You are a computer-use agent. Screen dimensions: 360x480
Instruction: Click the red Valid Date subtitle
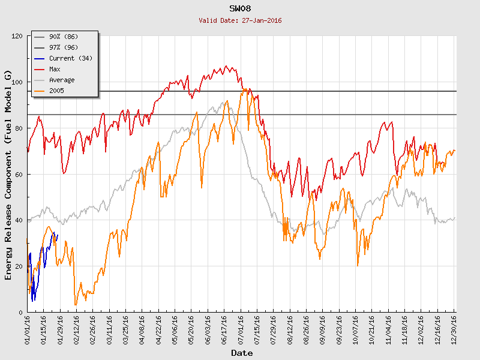(240, 20)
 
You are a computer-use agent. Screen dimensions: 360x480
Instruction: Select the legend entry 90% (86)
(63, 37)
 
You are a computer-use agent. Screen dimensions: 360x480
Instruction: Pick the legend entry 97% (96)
(63, 47)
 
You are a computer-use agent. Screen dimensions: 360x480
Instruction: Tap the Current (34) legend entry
(70, 58)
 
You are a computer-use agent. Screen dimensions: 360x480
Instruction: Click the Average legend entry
(62, 80)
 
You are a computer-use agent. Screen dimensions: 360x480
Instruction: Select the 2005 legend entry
(56, 91)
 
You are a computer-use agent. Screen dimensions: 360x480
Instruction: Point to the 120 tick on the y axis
(17, 36)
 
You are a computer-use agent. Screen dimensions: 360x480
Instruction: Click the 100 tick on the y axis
(17, 82)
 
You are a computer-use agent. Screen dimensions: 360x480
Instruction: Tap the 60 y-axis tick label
(19, 175)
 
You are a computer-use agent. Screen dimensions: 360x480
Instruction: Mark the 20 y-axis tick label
(19, 266)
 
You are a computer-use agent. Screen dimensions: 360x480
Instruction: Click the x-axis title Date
(242, 353)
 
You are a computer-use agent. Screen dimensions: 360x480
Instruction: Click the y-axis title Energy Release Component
(8, 175)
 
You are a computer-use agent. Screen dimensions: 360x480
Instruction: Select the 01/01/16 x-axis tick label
(28, 329)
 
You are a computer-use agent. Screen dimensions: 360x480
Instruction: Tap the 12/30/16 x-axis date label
(454, 329)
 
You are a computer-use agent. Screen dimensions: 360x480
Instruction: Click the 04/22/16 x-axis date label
(158, 329)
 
